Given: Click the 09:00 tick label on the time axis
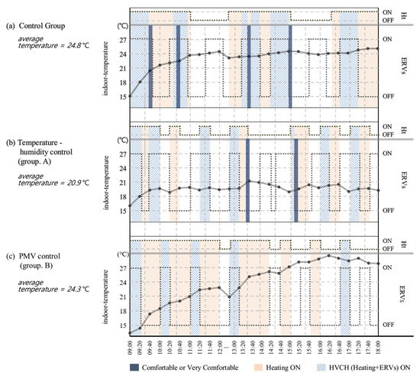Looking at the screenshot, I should (131, 348).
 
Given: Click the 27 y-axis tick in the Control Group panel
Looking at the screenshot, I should (122, 39).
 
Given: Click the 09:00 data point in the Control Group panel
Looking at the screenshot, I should (131, 96).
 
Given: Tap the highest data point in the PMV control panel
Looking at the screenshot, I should (329, 255).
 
